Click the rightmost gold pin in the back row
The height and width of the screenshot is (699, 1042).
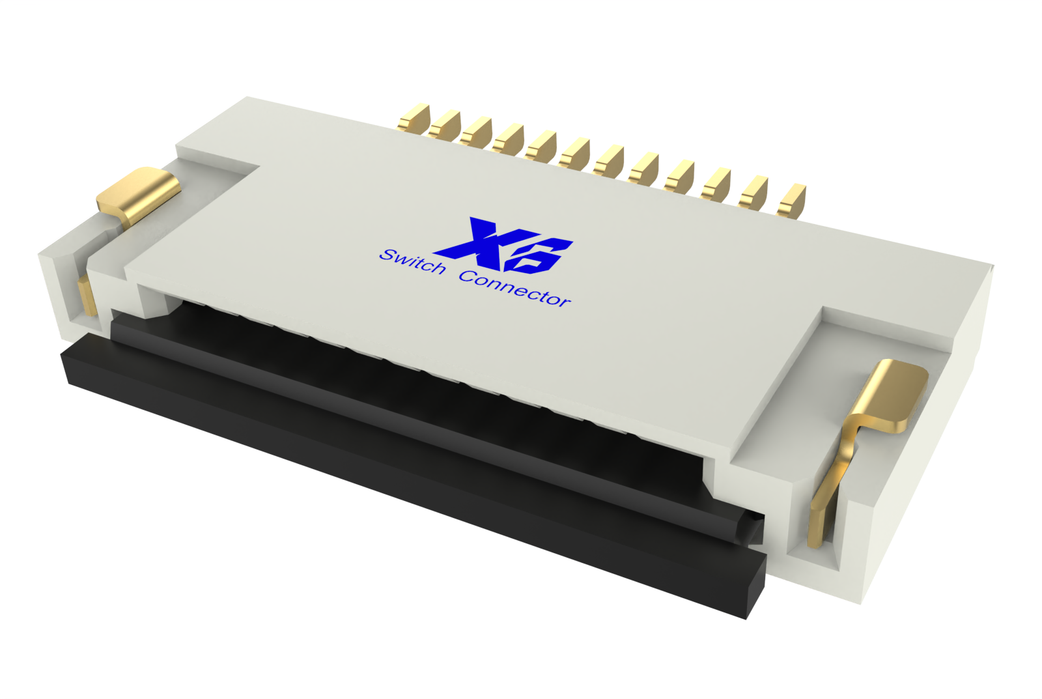click(793, 199)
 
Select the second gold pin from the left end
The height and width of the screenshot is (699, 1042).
click(445, 126)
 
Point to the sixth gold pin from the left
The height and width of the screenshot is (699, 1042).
click(575, 152)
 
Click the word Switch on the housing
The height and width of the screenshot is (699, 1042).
click(413, 263)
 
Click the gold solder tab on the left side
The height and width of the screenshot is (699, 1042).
click(139, 193)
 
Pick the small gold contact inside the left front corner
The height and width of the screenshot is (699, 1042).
click(85, 296)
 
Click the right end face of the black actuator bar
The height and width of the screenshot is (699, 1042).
click(755, 584)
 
